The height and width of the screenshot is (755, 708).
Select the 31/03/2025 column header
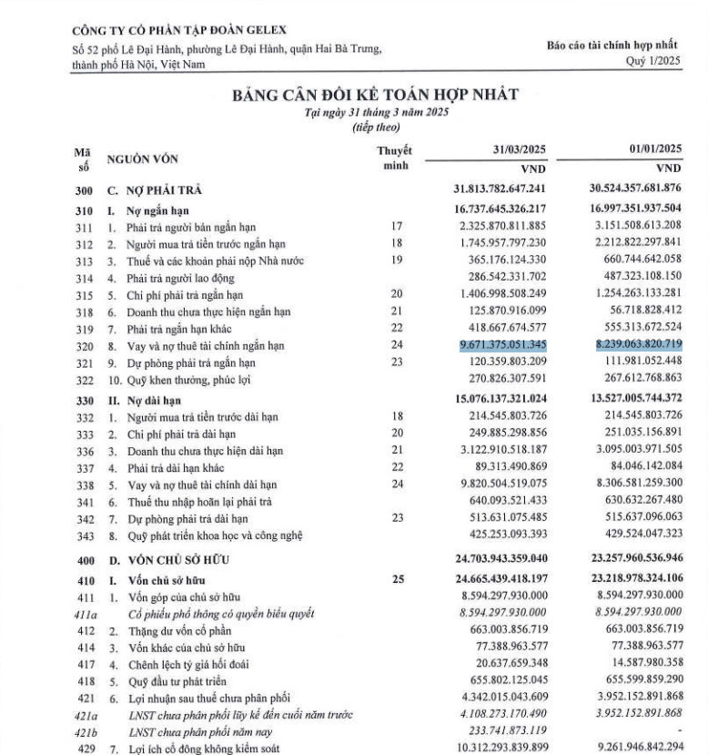513,148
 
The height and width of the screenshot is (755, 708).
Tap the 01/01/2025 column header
650,148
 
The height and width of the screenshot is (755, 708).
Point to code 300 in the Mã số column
84,190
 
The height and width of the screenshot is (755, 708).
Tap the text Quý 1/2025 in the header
652,61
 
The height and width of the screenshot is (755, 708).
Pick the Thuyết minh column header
394,157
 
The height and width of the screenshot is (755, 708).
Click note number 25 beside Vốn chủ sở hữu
395,577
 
